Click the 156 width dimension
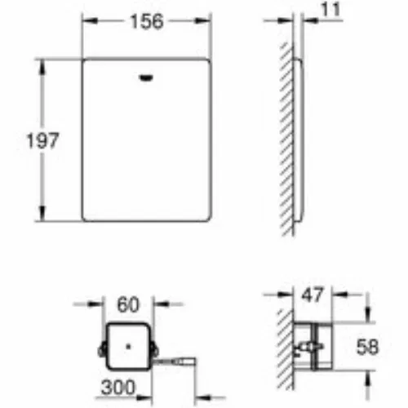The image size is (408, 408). click(x=147, y=21)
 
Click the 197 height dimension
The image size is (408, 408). click(x=42, y=140)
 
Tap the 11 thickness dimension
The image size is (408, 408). click(x=330, y=10)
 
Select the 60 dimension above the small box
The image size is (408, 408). click(x=128, y=304)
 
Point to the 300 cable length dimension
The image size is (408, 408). click(x=118, y=388)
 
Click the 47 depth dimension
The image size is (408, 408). click(x=313, y=295)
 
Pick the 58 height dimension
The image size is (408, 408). click(x=367, y=347)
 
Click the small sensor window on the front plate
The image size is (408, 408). click(x=147, y=78)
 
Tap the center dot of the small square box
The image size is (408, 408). click(x=128, y=347)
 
